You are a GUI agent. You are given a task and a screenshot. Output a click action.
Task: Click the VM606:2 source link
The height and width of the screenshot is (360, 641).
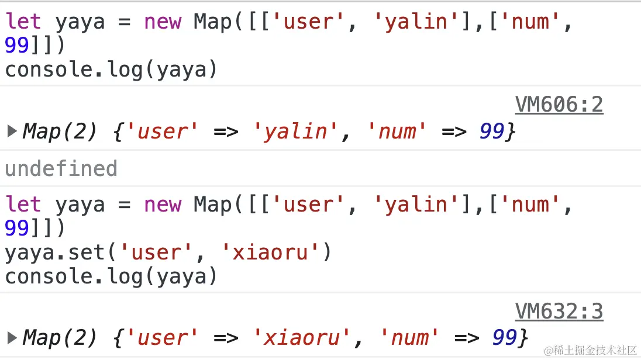[x=559, y=105]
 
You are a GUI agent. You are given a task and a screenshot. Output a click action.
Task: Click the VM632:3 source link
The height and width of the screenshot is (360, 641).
[x=559, y=311]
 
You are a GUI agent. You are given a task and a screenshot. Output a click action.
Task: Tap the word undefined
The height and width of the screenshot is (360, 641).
[x=61, y=168]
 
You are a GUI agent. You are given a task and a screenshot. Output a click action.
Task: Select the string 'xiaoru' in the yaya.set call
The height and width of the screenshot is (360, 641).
[x=270, y=252]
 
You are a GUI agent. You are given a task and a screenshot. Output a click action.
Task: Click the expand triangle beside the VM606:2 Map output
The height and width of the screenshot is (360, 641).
[x=12, y=131]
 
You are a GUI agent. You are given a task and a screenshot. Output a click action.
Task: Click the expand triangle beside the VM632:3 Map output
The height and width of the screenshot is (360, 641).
[x=12, y=338]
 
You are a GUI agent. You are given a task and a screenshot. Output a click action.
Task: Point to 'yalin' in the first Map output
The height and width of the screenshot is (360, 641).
[x=295, y=131]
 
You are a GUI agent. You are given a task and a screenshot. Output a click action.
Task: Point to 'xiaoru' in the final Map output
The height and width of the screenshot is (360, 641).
[x=301, y=338]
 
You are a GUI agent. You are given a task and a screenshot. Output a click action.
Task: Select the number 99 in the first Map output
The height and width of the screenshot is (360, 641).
[x=492, y=131]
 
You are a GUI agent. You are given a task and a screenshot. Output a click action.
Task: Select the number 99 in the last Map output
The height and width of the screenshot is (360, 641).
[x=505, y=338]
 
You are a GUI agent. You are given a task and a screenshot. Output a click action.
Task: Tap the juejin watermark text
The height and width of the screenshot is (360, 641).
[x=590, y=350]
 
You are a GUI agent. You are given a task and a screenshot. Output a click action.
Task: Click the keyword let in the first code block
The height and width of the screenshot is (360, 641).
[x=23, y=21]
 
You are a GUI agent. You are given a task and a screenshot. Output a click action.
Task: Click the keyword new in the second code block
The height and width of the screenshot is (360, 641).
[x=163, y=205]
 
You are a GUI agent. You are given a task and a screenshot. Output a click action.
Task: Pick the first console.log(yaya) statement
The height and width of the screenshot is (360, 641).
[x=111, y=70]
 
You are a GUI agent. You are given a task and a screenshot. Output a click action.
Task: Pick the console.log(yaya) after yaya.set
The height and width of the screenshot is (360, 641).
[x=111, y=276]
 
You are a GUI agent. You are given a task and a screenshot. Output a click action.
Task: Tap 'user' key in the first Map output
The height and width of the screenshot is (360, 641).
[x=163, y=131]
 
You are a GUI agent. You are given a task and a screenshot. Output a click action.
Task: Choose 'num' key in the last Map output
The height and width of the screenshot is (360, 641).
[x=409, y=338]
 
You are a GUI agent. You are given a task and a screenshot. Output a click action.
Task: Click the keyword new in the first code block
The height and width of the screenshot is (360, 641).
[x=163, y=22]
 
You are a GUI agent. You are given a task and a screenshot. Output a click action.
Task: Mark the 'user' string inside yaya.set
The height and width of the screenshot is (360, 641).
[x=156, y=252]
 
